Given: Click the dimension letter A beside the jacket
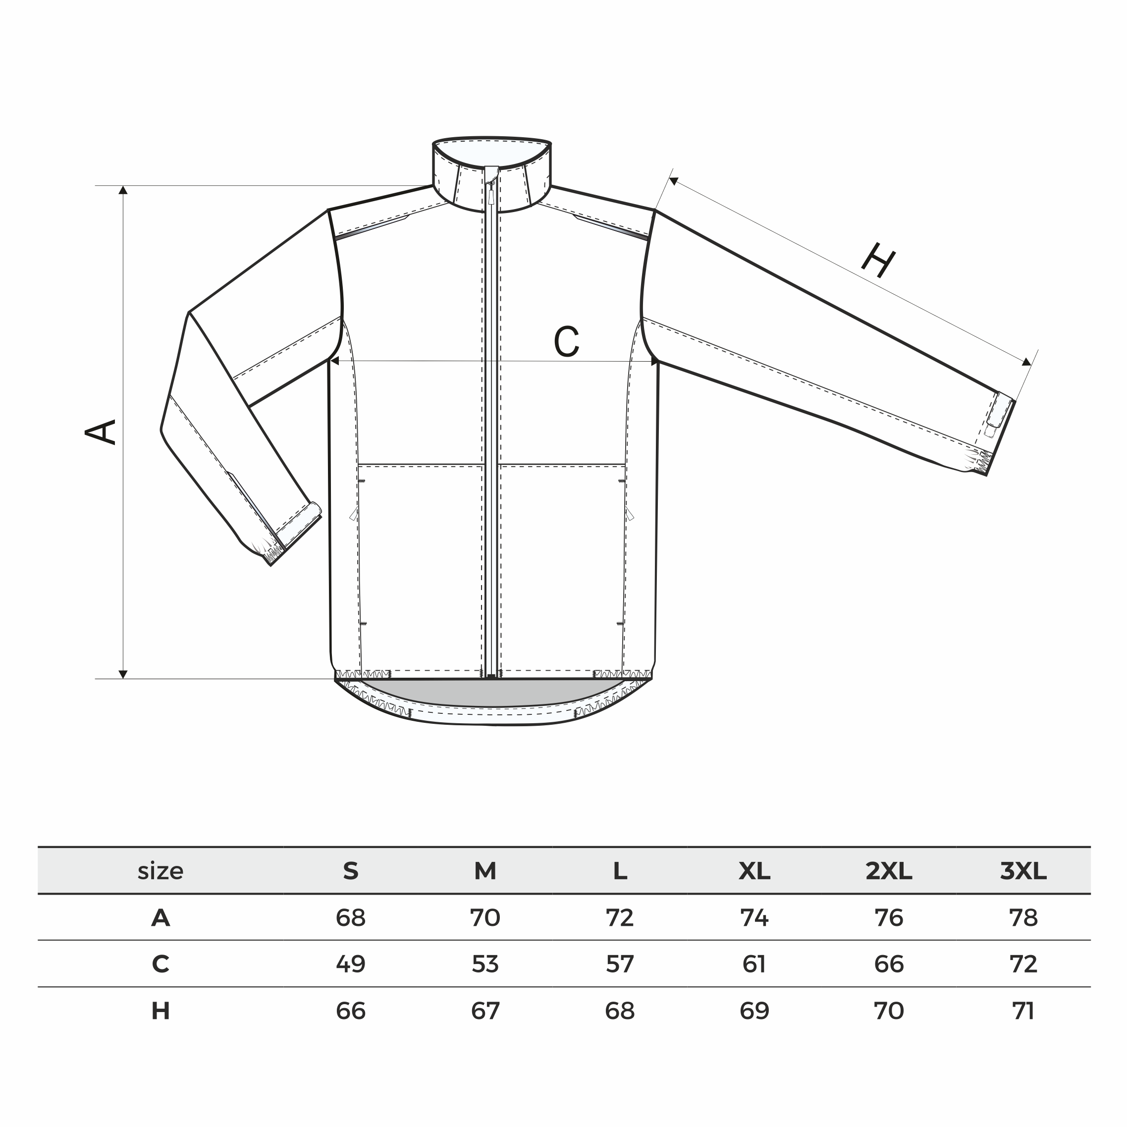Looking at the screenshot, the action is click(101, 432).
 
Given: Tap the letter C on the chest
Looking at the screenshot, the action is click(566, 341).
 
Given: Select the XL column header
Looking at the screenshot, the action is click(754, 871).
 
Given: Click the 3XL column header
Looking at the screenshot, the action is click(1023, 871).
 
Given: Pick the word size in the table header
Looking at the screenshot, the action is click(161, 871).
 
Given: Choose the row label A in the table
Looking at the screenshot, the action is click(161, 918).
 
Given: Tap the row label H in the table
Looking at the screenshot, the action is click(161, 1011).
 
